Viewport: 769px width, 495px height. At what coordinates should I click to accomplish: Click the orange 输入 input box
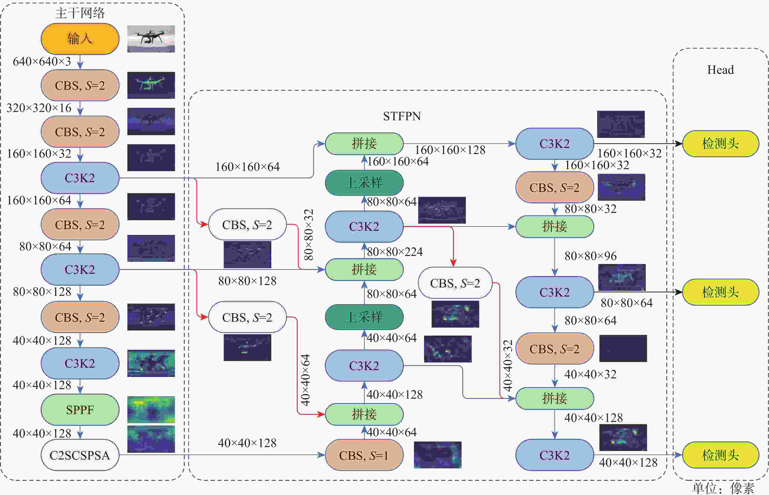click(x=80, y=39)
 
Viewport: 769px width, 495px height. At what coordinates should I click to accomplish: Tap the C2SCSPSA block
click(x=80, y=455)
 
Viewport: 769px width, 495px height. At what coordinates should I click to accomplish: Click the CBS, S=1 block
click(x=364, y=455)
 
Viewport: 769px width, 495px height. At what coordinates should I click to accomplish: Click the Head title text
click(x=720, y=70)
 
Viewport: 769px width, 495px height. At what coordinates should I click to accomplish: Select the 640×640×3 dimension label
click(x=42, y=61)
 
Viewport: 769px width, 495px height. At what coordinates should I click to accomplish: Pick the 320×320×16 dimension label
click(x=39, y=108)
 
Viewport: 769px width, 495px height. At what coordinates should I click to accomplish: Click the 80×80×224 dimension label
click(x=395, y=252)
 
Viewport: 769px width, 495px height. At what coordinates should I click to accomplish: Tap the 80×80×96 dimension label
click(x=591, y=256)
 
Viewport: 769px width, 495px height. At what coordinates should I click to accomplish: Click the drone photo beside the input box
click(x=151, y=39)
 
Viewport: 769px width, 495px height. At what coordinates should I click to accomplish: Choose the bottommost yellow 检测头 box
click(x=720, y=455)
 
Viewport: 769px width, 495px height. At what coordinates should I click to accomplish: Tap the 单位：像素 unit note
click(x=723, y=488)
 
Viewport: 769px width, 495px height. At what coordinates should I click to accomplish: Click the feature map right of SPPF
click(x=151, y=409)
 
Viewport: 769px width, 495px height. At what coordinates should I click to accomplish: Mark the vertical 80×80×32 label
click(x=308, y=235)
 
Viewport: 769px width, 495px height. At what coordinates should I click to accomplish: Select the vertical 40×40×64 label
click(x=305, y=380)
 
